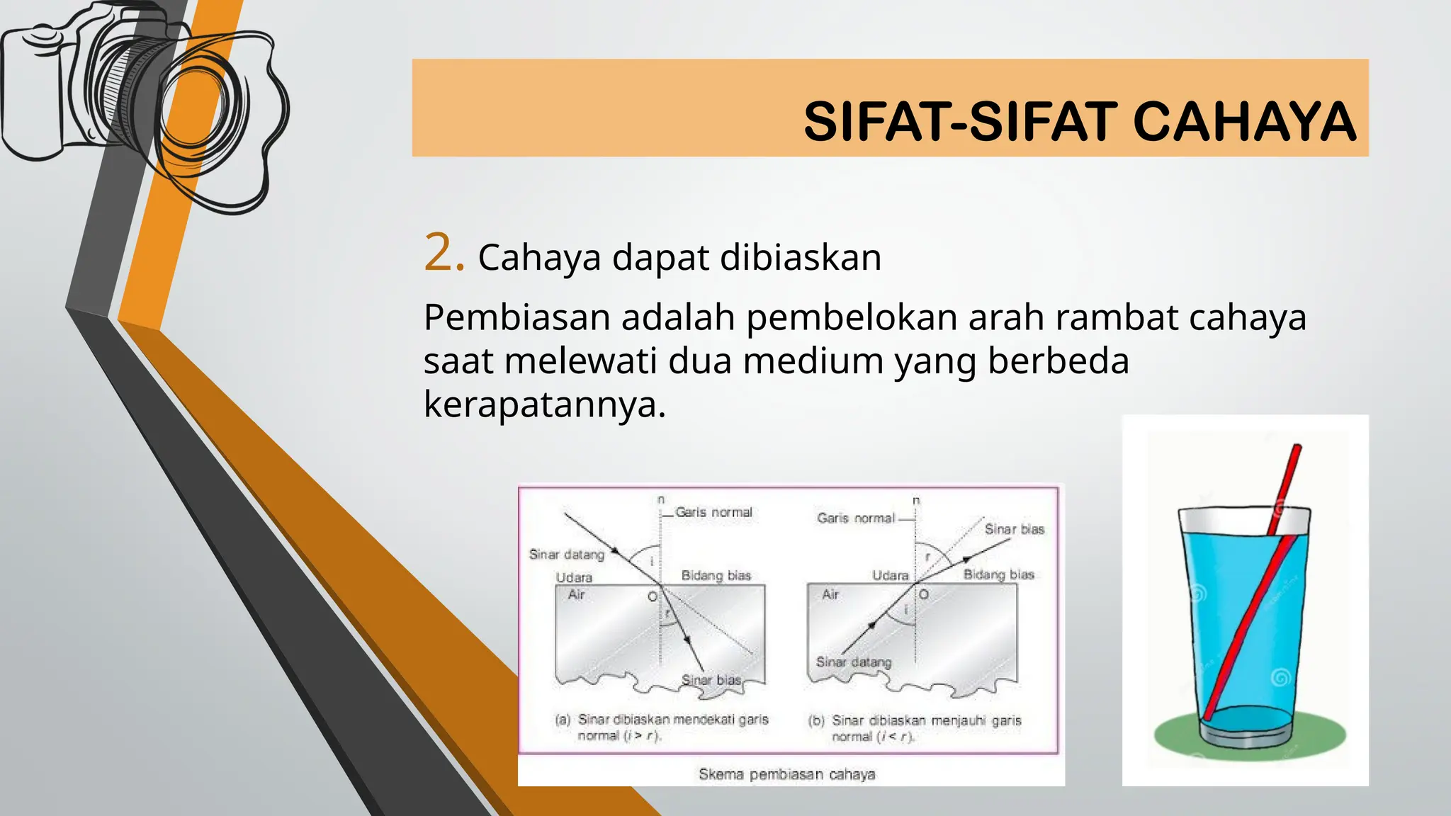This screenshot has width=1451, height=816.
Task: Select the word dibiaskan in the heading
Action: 801,257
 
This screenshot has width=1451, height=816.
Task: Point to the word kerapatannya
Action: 544,404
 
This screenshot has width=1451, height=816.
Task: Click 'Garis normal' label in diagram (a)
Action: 713,512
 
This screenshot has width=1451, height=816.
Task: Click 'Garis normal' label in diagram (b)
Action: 856,518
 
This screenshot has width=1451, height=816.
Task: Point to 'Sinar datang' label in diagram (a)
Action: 566,555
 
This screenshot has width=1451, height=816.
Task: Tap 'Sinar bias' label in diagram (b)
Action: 1014,529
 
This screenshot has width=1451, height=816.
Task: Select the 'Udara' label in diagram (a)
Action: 574,577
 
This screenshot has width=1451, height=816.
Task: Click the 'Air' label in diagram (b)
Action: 830,594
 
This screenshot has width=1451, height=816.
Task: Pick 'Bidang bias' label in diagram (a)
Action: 716,575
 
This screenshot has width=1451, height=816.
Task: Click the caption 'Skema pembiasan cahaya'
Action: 786,774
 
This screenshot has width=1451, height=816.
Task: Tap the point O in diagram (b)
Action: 924,594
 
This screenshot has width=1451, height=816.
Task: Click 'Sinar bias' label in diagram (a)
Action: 711,680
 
